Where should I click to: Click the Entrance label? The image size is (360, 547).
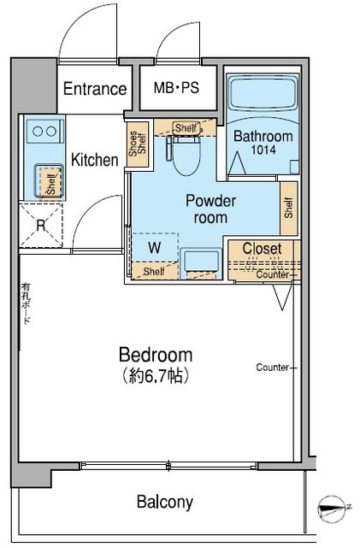coord(95,89)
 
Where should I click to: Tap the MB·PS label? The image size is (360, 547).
coord(176,88)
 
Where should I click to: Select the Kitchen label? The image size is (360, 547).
coord(94,160)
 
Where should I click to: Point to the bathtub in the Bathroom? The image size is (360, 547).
coord(262,97)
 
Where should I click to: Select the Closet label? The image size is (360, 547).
coord(263,249)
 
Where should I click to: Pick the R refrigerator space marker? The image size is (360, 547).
coord(40,226)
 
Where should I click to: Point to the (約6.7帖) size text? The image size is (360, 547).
coord(155,375)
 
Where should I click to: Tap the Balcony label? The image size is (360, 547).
coord(165,502)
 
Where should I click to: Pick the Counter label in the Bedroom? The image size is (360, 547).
coord(272,368)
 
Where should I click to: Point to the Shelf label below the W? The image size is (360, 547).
coord(154,272)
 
